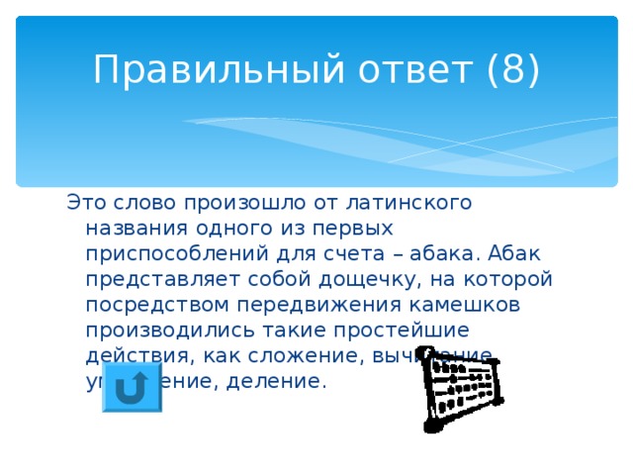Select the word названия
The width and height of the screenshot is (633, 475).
135,228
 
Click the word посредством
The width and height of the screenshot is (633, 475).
158,305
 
